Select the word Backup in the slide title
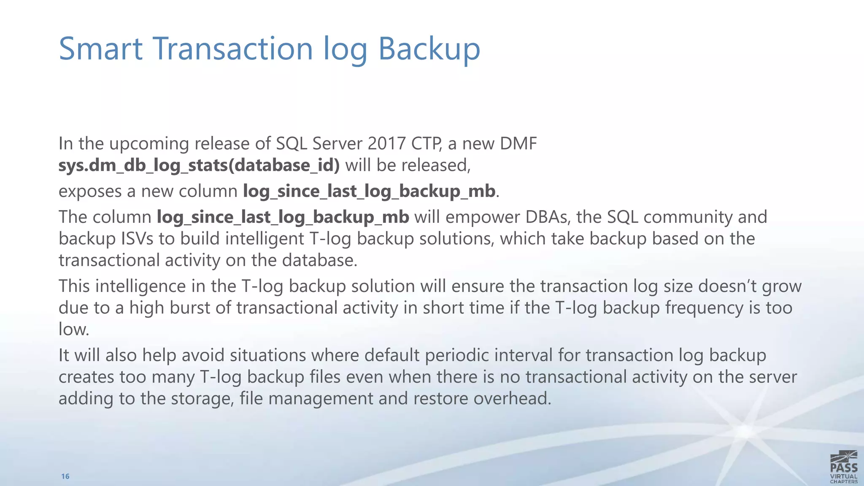point(429,49)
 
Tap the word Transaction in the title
point(234,49)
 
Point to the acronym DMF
point(518,143)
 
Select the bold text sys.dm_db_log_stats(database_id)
point(199,165)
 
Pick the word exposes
point(90,192)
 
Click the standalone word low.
point(73,329)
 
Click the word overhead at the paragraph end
point(512,398)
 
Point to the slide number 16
point(65,476)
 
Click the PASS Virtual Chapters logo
point(843,466)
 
